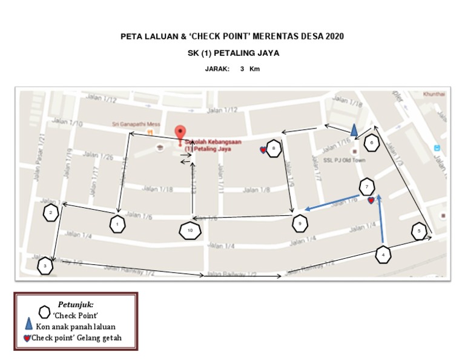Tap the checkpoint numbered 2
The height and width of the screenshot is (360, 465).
click(x=51, y=212)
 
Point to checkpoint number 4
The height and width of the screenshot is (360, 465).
click(x=383, y=255)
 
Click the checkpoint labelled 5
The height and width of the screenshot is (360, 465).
click(x=419, y=231)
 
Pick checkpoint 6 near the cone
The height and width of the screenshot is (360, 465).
click(x=371, y=143)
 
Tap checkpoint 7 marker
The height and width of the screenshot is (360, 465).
click(x=366, y=186)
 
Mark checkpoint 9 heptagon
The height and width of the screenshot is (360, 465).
click(x=300, y=223)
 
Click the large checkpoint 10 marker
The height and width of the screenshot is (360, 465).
click(x=190, y=231)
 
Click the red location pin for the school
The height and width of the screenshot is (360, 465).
click(x=179, y=133)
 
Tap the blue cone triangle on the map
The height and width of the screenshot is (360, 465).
click(x=354, y=130)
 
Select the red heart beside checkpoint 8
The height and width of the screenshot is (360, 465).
click(x=263, y=150)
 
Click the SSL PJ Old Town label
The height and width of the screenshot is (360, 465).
click(x=345, y=161)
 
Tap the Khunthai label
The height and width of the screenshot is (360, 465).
click(x=434, y=94)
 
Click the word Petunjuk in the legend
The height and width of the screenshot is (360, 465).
click(x=76, y=304)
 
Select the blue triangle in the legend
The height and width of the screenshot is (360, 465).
click(x=28, y=325)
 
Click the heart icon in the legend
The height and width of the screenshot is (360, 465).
click(x=27, y=338)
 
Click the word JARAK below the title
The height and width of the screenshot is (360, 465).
click(x=217, y=69)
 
